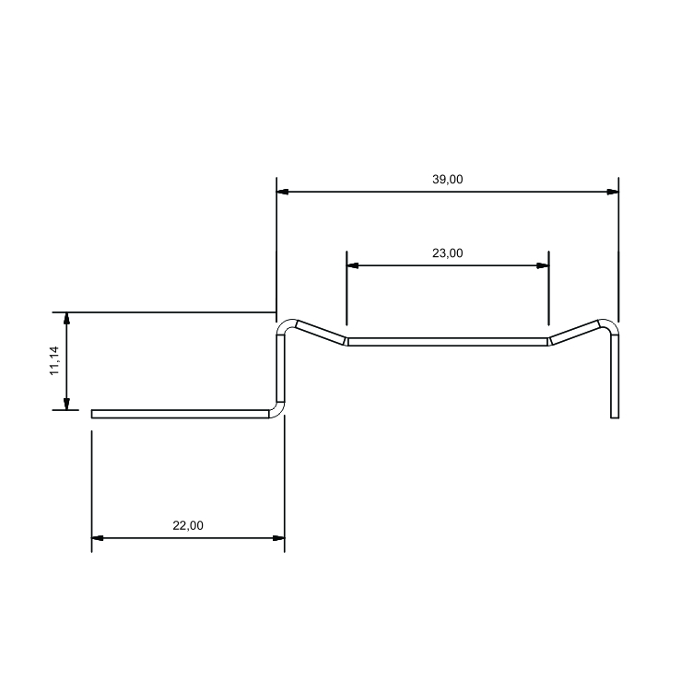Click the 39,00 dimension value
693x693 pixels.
click(x=447, y=180)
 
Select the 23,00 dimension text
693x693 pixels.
click(x=447, y=253)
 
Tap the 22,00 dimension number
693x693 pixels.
click(x=188, y=525)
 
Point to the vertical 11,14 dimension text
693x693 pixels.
click(x=54, y=360)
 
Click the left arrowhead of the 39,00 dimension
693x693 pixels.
click(x=282, y=192)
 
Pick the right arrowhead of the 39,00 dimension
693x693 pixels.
click(x=613, y=192)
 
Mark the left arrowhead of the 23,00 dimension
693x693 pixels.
click(x=353, y=265)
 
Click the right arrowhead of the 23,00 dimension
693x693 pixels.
click(x=542, y=265)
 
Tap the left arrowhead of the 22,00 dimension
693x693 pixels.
click(x=98, y=538)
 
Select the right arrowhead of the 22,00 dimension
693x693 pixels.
click(x=278, y=538)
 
